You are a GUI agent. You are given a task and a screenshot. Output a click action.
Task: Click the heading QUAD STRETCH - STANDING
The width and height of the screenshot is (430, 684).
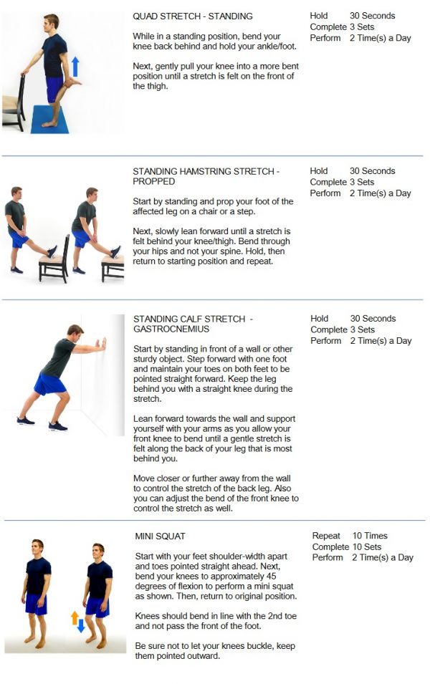pyautogui.click(x=193, y=16)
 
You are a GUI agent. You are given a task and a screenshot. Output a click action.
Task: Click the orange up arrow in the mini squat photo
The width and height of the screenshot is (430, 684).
pyautogui.click(x=75, y=617)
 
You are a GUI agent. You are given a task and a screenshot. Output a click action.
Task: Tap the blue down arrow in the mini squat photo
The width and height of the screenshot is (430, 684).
pyautogui.click(x=80, y=625)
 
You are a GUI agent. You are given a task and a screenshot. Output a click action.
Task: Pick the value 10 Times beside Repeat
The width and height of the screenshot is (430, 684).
pyautogui.click(x=370, y=536)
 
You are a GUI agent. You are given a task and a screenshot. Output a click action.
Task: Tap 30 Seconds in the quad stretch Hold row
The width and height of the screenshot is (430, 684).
pyautogui.click(x=372, y=16)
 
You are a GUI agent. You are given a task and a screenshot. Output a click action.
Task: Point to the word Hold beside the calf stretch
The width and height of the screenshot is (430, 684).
pyautogui.click(x=320, y=319)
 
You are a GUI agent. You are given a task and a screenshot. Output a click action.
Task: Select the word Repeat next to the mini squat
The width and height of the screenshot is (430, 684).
pyautogui.click(x=326, y=536)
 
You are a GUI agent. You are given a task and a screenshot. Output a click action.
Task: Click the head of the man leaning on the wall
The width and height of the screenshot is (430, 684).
pyautogui.click(x=75, y=332)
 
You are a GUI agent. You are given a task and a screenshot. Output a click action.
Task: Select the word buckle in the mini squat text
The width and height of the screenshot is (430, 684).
pyautogui.click(x=264, y=646)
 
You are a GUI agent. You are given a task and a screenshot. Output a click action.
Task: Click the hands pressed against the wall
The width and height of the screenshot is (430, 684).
pyautogui.click(x=102, y=345)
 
